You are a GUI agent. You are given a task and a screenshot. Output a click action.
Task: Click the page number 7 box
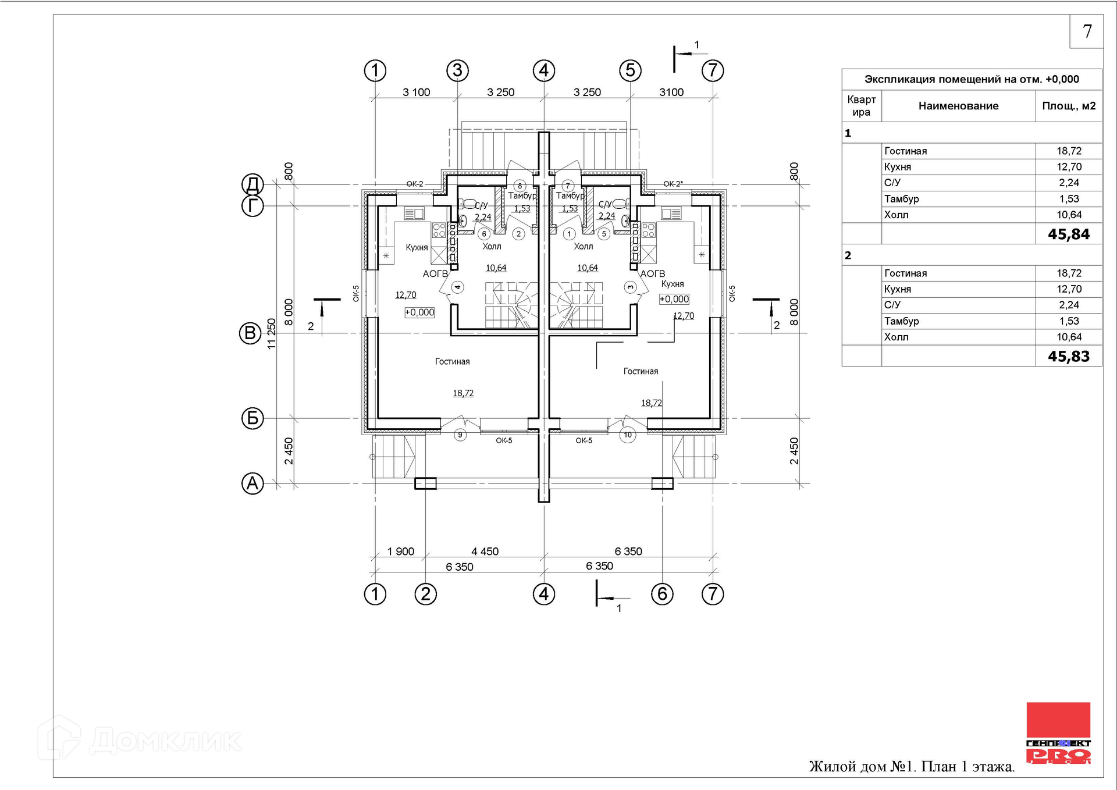pyautogui.click(x=1086, y=31)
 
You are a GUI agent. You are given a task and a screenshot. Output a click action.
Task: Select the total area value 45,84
pyautogui.click(x=1068, y=234)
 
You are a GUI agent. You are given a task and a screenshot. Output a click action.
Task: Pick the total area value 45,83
pyautogui.click(x=1068, y=357)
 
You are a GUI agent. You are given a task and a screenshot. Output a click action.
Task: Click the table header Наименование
pyautogui.click(x=958, y=106)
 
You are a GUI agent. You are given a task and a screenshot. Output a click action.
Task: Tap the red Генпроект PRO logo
pyautogui.click(x=1058, y=732)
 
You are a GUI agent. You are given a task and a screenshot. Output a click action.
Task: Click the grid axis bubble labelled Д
pyautogui.click(x=252, y=184)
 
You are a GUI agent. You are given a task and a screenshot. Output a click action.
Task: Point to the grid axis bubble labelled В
pyautogui.click(x=250, y=333)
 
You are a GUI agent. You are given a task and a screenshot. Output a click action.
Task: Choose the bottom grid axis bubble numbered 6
pyautogui.click(x=662, y=594)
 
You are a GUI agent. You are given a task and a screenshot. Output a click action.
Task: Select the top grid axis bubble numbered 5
pyautogui.click(x=630, y=70)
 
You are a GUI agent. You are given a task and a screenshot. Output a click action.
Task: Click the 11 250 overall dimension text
pyautogui.click(x=272, y=333)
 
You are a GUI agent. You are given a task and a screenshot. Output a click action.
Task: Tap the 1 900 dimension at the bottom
pyautogui.click(x=401, y=551)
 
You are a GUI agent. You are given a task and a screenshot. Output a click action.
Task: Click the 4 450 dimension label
pyautogui.click(x=485, y=551)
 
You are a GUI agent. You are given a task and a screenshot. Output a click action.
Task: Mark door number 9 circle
pyautogui.click(x=460, y=435)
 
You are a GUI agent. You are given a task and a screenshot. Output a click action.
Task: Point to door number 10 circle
pyautogui.click(x=628, y=435)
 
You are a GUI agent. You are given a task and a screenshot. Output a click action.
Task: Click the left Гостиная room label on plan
pyautogui.click(x=452, y=361)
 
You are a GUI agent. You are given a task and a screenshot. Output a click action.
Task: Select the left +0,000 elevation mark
pyautogui.click(x=419, y=312)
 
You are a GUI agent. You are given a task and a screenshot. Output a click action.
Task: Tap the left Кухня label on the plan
pyautogui.click(x=417, y=247)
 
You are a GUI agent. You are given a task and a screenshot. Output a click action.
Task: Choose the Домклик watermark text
pyautogui.click(x=165, y=741)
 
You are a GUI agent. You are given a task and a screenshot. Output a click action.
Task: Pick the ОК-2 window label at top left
pyautogui.click(x=415, y=184)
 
